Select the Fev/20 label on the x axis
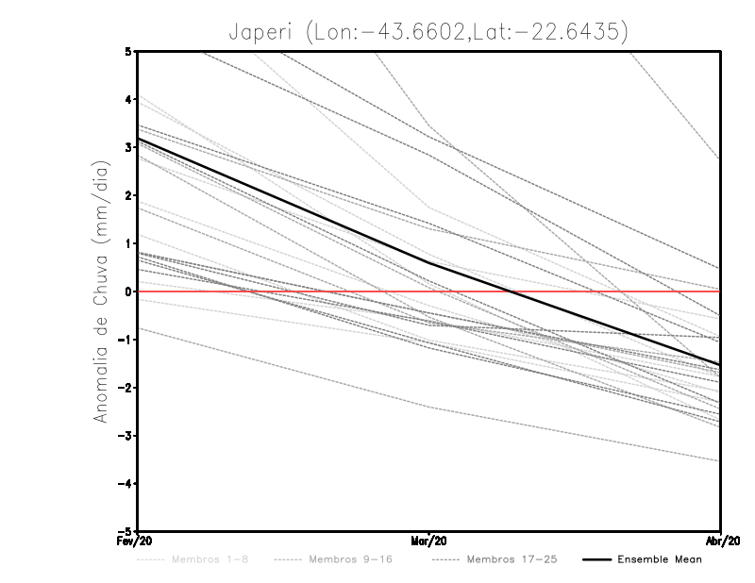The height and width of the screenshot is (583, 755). click(137, 541)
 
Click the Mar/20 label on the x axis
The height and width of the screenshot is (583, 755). click(429, 541)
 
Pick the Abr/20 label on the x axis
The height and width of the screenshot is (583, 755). click(721, 541)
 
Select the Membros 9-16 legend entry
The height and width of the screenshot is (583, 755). click(348, 559)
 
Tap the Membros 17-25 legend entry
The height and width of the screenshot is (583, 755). click(512, 559)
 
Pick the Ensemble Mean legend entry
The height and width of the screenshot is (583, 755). click(659, 559)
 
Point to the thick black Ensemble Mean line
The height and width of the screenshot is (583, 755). click(283, 201)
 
